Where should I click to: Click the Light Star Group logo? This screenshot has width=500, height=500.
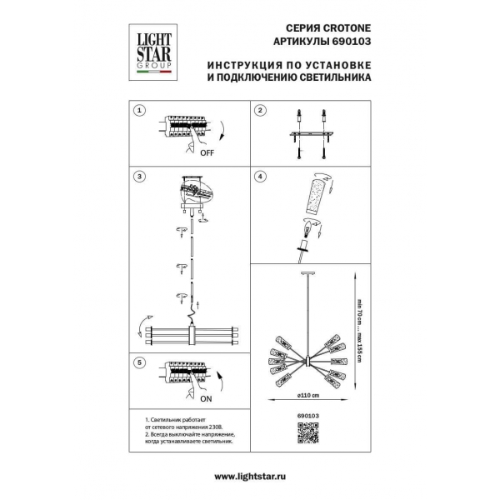tap(152, 49)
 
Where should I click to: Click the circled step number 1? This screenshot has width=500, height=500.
tap(140, 110)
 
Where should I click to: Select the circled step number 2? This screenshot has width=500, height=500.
tap(260, 110)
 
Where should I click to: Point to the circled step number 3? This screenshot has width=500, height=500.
tap(140, 177)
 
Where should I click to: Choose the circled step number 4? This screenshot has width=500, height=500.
tap(260, 177)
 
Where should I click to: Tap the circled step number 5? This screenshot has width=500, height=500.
tap(140, 363)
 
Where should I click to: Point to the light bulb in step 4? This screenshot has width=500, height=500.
tap(306, 227)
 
